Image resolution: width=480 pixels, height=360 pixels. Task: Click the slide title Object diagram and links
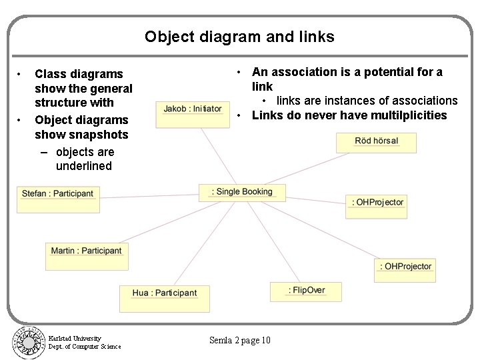[x=239, y=37]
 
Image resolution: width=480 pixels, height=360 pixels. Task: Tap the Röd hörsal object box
[x=376, y=142]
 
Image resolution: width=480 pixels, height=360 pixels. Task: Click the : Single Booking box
[x=242, y=192]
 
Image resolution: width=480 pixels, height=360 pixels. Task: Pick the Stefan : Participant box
[x=58, y=198]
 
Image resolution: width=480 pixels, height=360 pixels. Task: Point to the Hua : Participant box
[x=164, y=297]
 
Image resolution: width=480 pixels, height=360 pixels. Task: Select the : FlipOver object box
[x=307, y=291]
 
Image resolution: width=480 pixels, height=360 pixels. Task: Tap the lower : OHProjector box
[x=405, y=269]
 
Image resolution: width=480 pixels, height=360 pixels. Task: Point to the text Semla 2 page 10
[x=239, y=341]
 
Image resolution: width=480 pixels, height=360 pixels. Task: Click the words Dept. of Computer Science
[x=85, y=347]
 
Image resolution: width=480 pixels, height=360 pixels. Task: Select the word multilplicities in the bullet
[x=409, y=115]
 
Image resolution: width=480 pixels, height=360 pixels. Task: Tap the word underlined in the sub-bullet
[x=83, y=166]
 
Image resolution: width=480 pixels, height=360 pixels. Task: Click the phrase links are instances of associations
[x=367, y=101]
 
